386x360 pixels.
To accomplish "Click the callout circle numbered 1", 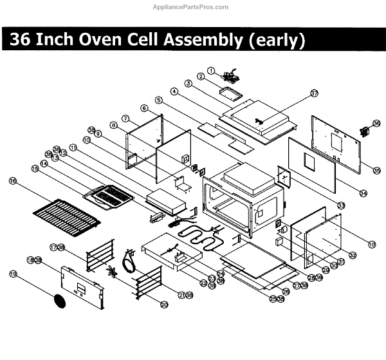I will coord(210,70).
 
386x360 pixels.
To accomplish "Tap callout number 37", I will coord(314,93).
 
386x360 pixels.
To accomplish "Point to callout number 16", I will coord(12,182).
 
